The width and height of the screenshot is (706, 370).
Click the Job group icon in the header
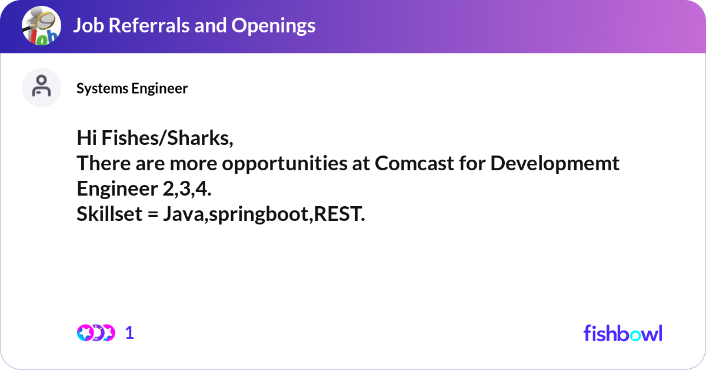tap(41, 25)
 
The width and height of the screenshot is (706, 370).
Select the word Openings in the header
tap(273, 26)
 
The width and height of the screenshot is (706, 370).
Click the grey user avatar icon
tap(41, 87)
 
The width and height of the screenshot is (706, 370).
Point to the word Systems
tap(102, 88)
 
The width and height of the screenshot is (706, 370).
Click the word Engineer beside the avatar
tap(159, 88)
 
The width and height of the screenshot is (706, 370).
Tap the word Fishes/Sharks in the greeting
tap(167, 138)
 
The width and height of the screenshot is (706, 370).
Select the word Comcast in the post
tap(414, 163)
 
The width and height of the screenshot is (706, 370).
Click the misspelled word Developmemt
tap(555, 163)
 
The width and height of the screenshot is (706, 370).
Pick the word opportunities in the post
tap(285, 164)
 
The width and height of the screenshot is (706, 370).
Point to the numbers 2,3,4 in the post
tap(187, 189)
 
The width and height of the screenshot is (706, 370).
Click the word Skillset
tap(109, 214)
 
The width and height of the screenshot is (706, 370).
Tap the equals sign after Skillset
tap(152, 214)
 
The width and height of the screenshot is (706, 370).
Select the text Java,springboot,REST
tap(264, 214)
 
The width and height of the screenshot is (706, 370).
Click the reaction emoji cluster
tap(96, 333)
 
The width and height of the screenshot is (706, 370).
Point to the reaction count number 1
tap(129, 333)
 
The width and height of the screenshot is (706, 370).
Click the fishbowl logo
tap(623, 333)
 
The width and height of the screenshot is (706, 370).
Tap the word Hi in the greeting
tap(86, 138)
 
